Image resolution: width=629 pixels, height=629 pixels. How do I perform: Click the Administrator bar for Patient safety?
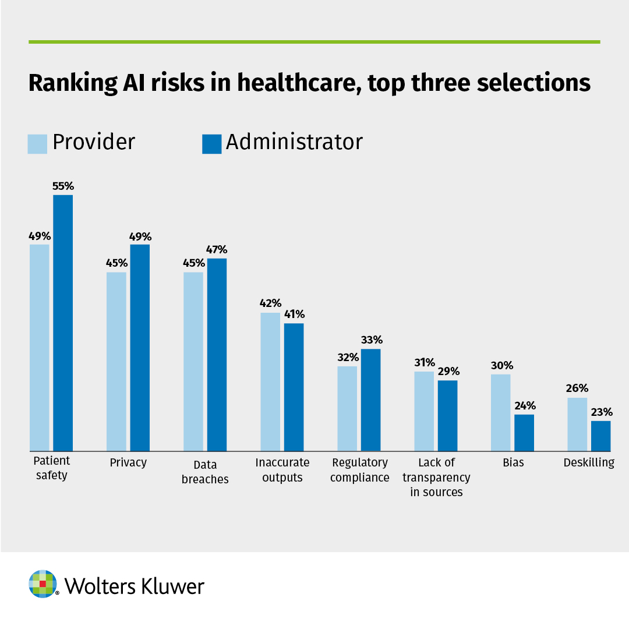pyautogui.click(x=63, y=323)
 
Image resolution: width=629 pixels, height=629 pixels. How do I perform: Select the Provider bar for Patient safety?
pyautogui.click(x=40, y=347)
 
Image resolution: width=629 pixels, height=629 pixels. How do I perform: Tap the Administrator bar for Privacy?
pyautogui.click(x=140, y=347)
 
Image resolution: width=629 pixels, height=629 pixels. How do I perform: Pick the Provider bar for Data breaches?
pyautogui.click(x=193, y=361)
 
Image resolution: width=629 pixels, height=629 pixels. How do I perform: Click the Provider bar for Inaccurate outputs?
pyautogui.click(x=270, y=381)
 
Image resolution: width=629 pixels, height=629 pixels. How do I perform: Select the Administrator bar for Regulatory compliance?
pyautogui.click(x=370, y=400)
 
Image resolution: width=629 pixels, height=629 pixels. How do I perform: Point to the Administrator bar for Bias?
pyautogui.click(x=524, y=432)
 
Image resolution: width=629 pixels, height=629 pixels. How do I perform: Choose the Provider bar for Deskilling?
pyautogui.click(x=577, y=424)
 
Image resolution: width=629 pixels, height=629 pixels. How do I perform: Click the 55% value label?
pyautogui.click(x=63, y=187)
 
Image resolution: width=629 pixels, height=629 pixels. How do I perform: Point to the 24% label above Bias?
pyautogui.click(x=524, y=406)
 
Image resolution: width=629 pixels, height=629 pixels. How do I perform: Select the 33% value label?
pyautogui.click(x=371, y=340)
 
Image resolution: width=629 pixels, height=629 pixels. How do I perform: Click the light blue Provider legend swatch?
pyautogui.click(x=37, y=144)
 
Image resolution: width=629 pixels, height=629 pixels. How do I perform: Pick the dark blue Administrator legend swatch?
pyautogui.click(x=211, y=144)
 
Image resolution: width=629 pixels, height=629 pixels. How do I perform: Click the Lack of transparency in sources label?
pyautogui.click(x=436, y=477)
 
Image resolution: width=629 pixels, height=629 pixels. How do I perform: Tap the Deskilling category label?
pyautogui.click(x=589, y=463)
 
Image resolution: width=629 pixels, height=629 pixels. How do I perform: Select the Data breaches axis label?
pyautogui.click(x=205, y=472)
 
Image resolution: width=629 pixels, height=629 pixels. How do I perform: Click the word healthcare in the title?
pyautogui.click(x=306, y=83)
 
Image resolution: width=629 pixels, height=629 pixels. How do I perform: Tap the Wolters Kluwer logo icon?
pyautogui.click(x=43, y=584)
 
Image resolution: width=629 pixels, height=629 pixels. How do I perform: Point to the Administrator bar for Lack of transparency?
pyautogui.click(x=447, y=415)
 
